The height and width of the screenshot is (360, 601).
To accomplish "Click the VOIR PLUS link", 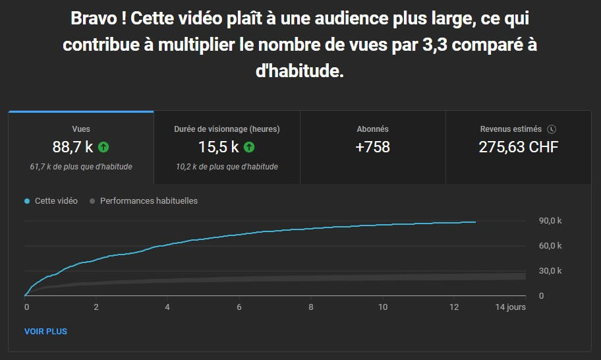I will click(45, 331).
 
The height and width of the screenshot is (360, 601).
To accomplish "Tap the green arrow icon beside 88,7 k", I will click(103, 147).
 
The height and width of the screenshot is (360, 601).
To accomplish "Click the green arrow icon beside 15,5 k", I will click(249, 147).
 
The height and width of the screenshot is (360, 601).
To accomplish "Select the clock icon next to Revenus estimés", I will click(552, 129).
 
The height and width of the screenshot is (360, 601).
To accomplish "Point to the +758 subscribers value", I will click(372, 147).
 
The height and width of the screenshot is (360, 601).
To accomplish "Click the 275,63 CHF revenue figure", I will click(518, 147).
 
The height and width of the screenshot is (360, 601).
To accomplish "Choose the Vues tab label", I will click(81, 129).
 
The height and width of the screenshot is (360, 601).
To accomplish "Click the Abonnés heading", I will click(372, 129).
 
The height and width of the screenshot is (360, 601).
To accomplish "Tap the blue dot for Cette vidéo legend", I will click(27, 201).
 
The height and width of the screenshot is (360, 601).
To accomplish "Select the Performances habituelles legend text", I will click(148, 201).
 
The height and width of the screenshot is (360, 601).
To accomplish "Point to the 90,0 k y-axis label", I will click(550, 221).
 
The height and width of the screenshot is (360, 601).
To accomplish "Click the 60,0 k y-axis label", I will click(550, 246).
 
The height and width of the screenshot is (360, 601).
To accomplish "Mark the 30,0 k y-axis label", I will click(550, 271).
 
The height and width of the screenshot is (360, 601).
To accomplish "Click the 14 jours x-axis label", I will click(511, 307).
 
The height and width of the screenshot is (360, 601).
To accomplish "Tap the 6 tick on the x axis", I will click(239, 307).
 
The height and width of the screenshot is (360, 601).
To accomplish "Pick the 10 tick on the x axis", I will click(382, 307).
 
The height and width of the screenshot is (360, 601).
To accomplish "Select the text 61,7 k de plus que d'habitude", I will click(81, 167).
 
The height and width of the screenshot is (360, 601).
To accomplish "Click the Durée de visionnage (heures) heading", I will click(227, 129).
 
